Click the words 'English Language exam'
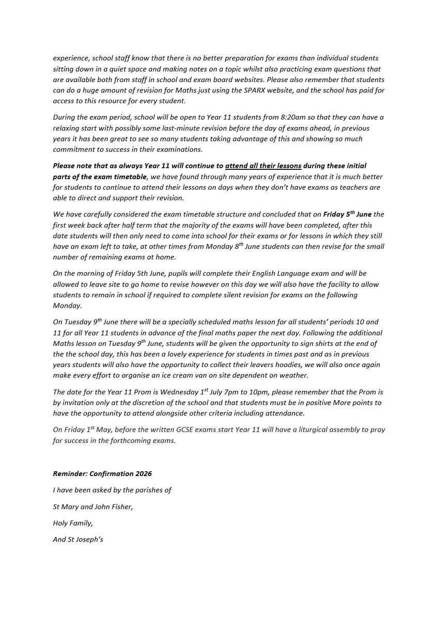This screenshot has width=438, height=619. coord(236,273)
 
